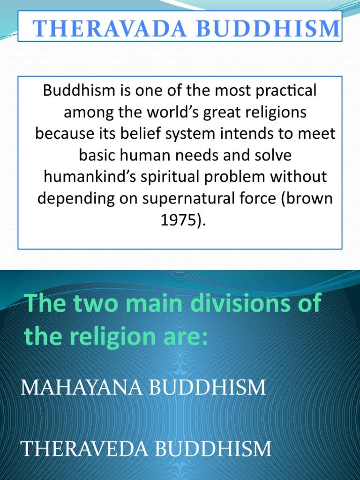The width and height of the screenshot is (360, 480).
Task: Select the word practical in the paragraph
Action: click(x=287, y=90)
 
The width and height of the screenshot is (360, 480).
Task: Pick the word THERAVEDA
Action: click(x=84, y=449)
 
